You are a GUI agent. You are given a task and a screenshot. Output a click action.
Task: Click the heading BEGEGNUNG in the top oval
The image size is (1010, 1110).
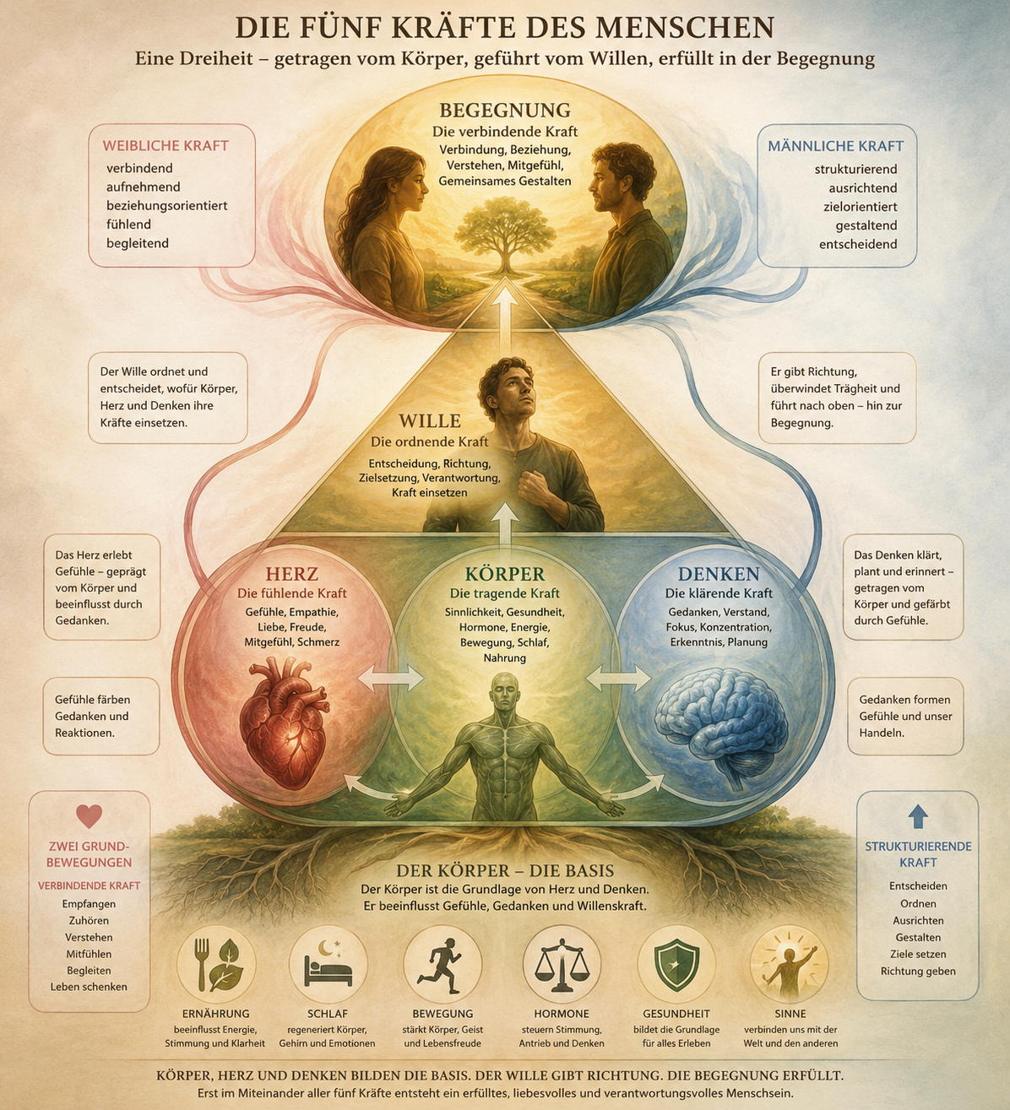pyautogui.click(x=505, y=110)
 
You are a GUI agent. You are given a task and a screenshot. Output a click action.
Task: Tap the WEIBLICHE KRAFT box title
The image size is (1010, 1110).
pyautogui.click(x=166, y=146)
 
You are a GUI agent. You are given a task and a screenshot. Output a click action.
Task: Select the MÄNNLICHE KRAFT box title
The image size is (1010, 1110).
pyautogui.click(x=835, y=146)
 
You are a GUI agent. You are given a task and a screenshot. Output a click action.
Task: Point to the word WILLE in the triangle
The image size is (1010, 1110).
pyautogui.click(x=430, y=421)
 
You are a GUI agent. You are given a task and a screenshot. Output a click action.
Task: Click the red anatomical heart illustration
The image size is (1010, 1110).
pyautogui.click(x=284, y=722)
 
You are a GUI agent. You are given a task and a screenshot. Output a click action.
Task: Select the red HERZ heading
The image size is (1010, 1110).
pyautogui.click(x=292, y=574)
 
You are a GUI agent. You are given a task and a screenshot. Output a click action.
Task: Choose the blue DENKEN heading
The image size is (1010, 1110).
pyautogui.click(x=719, y=574)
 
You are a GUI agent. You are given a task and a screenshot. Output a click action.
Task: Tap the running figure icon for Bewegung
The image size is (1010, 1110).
pyautogui.click(x=441, y=965)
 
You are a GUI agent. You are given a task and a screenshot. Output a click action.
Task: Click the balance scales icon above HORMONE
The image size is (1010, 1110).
pyautogui.click(x=562, y=965)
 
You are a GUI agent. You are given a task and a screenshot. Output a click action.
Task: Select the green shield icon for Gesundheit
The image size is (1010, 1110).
pyautogui.click(x=676, y=967)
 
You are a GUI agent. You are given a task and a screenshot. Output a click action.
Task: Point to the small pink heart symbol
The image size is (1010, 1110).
pyautogui.click(x=90, y=815)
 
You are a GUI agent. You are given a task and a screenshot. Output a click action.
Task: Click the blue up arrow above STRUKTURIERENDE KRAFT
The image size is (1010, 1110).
pyautogui.click(x=918, y=816)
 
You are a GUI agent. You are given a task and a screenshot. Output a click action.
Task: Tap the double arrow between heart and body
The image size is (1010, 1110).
pyautogui.click(x=391, y=677)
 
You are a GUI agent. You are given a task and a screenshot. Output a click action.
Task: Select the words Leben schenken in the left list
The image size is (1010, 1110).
pyautogui.click(x=89, y=987)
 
